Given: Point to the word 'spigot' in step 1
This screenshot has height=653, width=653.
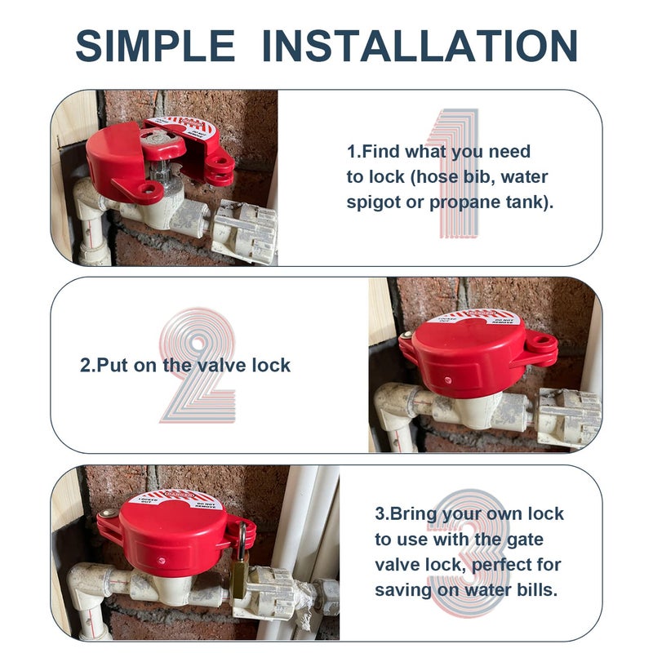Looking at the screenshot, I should coord(374,202).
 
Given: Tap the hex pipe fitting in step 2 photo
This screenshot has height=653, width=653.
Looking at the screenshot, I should coord(568,416).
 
